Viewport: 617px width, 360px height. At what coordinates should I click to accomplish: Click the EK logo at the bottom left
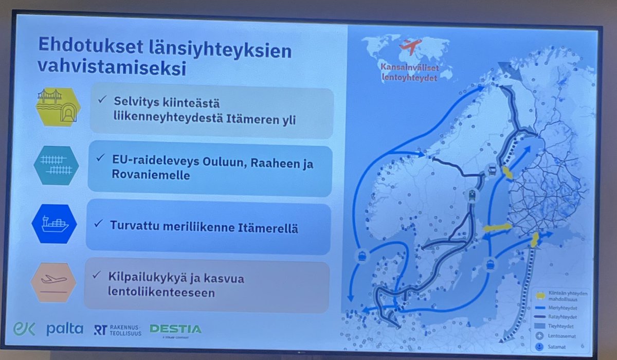[24, 328]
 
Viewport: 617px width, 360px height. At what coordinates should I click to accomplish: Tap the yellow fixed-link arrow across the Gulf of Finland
[534, 240]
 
